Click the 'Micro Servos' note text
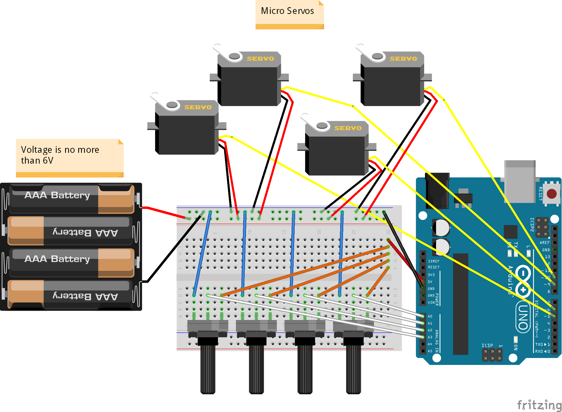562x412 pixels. (287, 11)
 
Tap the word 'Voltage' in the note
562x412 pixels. (36, 150)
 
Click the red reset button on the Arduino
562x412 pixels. (551, 194)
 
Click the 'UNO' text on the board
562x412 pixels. (523, 317)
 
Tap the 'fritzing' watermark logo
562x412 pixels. (539, 405)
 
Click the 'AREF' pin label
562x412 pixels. (545, 242)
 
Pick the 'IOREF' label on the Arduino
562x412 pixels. (434, 261)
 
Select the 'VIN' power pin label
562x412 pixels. (431, 302)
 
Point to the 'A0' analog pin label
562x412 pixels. (430, 316)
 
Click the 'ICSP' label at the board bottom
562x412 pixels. (487, 345)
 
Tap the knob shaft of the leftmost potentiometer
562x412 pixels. (208, 368)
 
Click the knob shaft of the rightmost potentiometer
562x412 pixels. (353, 368)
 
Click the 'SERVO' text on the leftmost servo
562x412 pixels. (198, 107)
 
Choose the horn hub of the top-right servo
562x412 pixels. (377, 56)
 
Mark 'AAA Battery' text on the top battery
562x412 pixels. (57, 195)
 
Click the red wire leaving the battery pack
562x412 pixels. (165, 212)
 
